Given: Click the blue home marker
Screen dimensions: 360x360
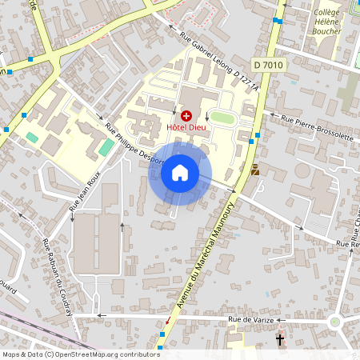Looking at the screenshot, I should (x=180, y=173).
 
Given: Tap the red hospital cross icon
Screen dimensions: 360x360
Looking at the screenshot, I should (x=186, y=117).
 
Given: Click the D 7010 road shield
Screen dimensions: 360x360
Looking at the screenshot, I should (x=267, y=64).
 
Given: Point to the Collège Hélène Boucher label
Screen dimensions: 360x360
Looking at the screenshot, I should (x=326, y=22).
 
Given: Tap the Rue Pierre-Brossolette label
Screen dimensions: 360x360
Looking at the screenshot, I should (x=318, y=126).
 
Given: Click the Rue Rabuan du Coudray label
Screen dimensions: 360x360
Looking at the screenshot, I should (x=57, y=277).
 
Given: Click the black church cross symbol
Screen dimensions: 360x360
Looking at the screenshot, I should (x=280, y=341).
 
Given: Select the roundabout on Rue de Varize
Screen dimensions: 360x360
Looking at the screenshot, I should (x=334, y=322).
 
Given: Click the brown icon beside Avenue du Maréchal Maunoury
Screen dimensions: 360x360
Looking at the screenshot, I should (x=255, y=170).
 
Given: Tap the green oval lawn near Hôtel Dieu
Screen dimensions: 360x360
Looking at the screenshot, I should (x=222, y=118).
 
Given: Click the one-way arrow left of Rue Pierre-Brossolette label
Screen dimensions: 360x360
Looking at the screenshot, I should (x=274, y=117).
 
